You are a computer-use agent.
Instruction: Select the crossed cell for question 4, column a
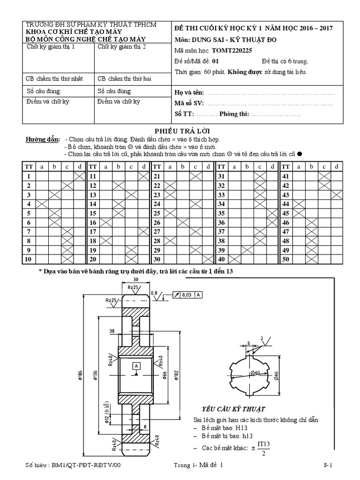(42, 203)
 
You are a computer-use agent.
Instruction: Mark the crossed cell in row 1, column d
(79, 176)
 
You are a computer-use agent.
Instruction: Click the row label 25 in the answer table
(157, 213)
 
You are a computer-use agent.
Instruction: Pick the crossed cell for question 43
(336, 194)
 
